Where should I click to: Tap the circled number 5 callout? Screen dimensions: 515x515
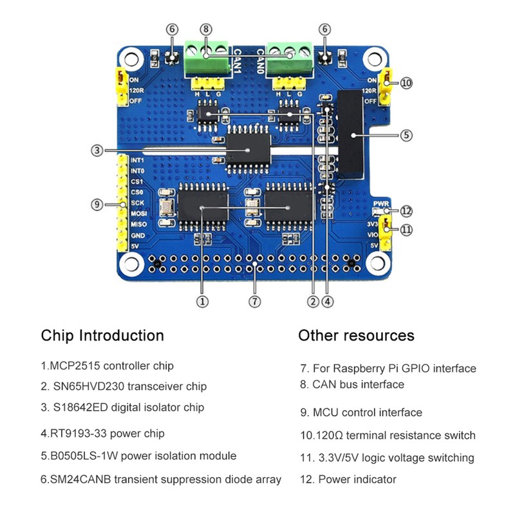(405, 135)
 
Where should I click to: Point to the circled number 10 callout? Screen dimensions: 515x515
(406, 82)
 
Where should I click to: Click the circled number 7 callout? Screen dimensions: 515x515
(255, 300)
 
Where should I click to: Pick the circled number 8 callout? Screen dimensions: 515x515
(205, 29)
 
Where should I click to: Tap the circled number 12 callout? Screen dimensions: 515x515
(406, 211)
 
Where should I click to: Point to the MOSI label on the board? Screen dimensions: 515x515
(137, 212)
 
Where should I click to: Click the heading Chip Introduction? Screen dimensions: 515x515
(102, 335)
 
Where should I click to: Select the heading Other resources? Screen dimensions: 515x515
(356, 335)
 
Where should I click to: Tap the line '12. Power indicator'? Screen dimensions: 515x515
(348, 479)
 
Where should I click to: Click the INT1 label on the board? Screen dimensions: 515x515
(136, 160)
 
